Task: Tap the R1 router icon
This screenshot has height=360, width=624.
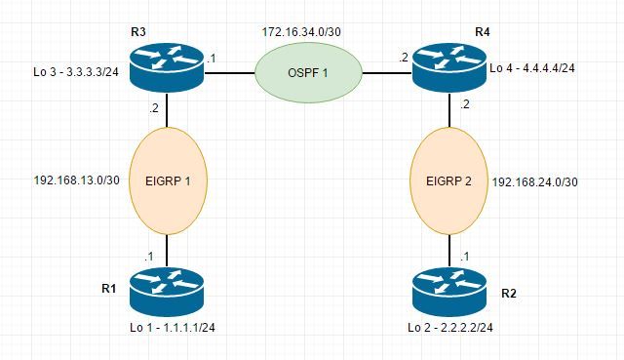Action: point(168,292)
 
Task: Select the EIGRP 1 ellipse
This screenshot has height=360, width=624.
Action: point(168,180)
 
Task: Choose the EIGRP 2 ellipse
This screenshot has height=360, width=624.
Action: point(450,180)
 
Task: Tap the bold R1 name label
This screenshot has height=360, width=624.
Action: point(108,288)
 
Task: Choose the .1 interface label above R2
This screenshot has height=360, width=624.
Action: point(462,257)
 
